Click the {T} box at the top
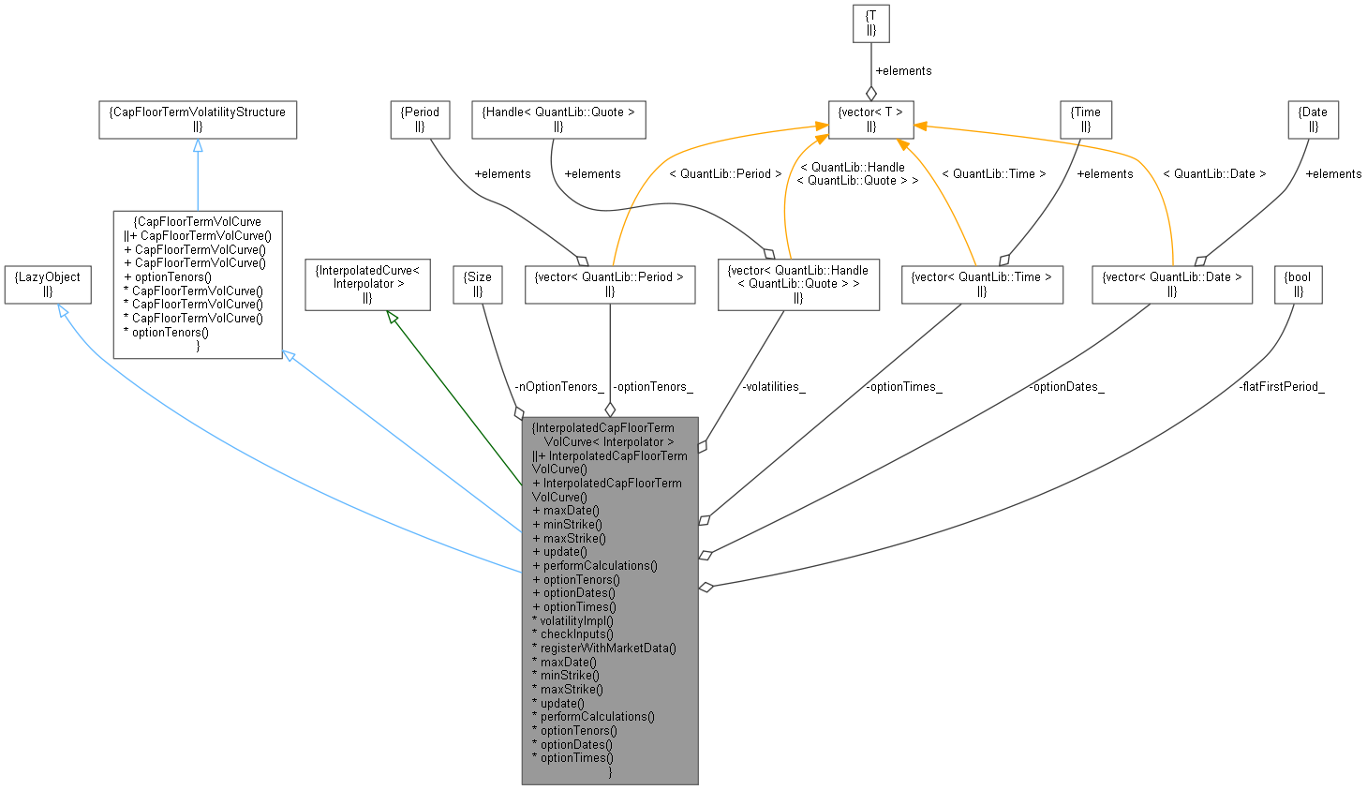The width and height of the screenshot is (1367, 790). tap(870, 24)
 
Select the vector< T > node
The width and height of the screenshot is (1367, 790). tap(870, 119)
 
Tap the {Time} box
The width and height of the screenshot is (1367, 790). tap(1085, 119)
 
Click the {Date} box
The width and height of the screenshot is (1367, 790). tap(1313, 119)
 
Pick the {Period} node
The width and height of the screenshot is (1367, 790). tap(420, 119)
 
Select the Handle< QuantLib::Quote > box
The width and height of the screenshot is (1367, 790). tap(557, 119)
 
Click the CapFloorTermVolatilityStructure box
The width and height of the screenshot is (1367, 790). tap(198, 119)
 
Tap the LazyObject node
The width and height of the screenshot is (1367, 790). tap(48, 284)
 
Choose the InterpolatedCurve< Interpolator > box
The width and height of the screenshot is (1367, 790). tap(367, 284)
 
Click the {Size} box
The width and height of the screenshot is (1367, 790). tap(477, 284)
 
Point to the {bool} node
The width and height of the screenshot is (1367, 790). tap(1298, 284)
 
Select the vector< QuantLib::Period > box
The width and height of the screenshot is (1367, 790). tap(609, 284)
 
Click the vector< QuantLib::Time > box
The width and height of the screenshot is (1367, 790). tap(981, 284)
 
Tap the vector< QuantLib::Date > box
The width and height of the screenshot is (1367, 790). tap(1171, 284)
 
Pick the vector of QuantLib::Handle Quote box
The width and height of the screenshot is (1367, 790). tap(798, 284)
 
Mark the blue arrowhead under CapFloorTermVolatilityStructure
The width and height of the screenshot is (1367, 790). tap(198, 145)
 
